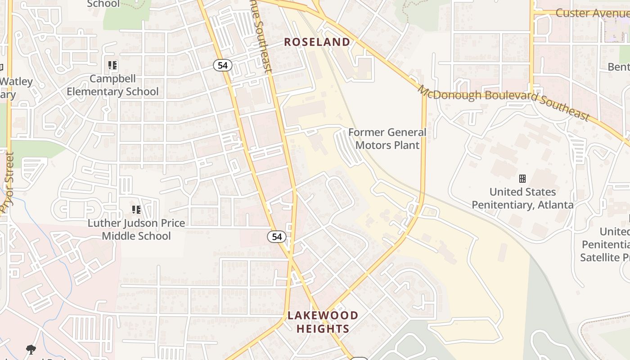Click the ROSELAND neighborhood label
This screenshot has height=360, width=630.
click(x=317, y=42)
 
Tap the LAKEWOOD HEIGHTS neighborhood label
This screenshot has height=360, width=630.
click(x=323, y=322)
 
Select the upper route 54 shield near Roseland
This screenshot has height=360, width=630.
click(x=222, y=65)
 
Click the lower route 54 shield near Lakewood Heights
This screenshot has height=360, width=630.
click(x=276, y=236)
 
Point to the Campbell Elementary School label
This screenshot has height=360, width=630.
click(x=112, y=85)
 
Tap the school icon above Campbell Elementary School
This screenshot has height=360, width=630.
click(x=112, y=65)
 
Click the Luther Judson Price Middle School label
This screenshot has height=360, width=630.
click(x=136, y=229)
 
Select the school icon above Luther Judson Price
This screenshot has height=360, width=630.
click(x=136, y=209)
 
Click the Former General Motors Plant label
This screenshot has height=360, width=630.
click(x=387, y=139)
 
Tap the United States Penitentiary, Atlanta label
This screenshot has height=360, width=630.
click(x=522, y=198)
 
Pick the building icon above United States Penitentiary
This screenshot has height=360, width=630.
click(x=522, y=179)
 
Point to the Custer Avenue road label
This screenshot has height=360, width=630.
click(x=592, y=13)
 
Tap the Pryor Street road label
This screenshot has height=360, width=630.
click(x=7, y=182)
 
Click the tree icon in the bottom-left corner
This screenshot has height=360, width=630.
click(x=31, y=349)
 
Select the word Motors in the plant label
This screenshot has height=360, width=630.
click(x=371, y=145)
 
